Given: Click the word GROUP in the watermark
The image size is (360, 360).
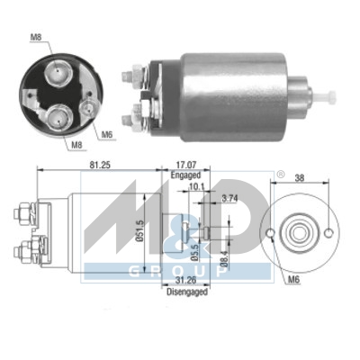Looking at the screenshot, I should pos(180,270).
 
